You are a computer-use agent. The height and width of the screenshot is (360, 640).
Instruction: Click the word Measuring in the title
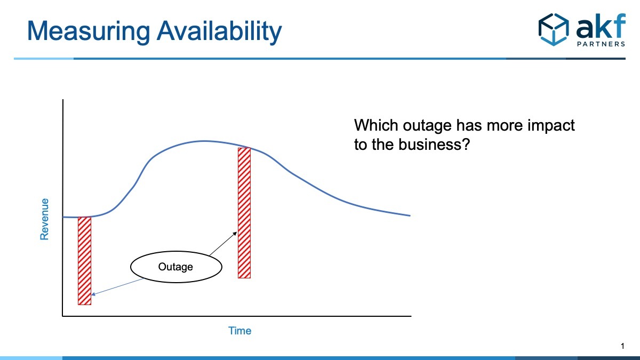point(89,31)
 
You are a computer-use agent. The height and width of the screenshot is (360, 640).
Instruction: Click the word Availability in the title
point(219,31)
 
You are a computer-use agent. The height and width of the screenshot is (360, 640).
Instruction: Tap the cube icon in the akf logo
point(554,29)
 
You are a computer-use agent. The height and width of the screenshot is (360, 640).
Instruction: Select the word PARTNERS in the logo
point(601,44)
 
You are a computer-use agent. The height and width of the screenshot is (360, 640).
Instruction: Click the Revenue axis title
point(44,219)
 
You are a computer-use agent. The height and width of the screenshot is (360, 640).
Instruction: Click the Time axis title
point(239,331)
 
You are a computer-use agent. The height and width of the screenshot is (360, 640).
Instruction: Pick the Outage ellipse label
point(176,267)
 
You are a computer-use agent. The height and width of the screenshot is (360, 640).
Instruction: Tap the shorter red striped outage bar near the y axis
point(85,261)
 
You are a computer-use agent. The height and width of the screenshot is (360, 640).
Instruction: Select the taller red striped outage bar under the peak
point(244,213)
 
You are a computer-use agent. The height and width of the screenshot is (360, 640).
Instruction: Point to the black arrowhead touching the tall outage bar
point(235,234)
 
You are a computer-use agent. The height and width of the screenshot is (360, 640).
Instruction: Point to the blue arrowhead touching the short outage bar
point(93,294)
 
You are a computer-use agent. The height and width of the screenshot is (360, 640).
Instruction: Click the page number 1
point(622,346)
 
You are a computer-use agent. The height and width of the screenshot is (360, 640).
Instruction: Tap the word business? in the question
point(434,144)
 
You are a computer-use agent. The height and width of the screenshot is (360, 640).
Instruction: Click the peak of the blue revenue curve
point(204,141)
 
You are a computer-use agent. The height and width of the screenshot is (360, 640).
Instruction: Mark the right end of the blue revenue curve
point(410,215)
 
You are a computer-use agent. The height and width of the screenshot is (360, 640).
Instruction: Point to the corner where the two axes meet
point(63,316)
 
